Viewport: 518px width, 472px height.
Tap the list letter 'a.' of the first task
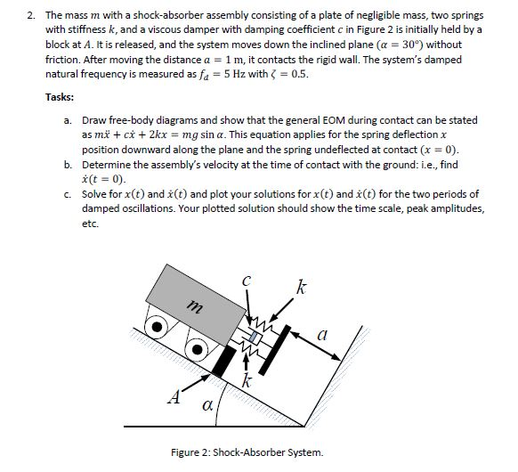[x=69, y=119]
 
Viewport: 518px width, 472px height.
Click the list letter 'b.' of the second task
[x=69, y=167]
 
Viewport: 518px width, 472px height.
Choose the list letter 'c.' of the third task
[x=69, y=192]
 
